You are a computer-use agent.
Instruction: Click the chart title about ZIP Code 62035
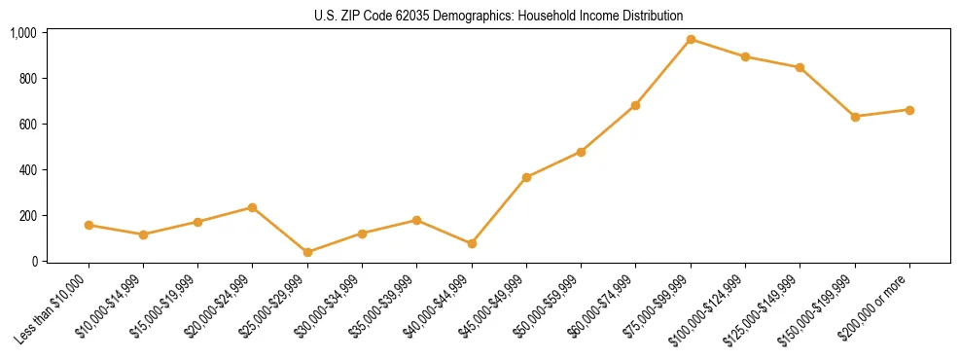click(498, 16)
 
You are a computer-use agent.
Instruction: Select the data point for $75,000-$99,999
click(691, 40)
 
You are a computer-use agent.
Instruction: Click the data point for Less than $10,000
click(89, 225)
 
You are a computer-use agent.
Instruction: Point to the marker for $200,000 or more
click(909, 110)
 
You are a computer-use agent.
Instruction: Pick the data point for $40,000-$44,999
click(472, 243)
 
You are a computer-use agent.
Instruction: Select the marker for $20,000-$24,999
click(253, 207)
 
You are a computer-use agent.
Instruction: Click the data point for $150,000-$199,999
click(855, 117)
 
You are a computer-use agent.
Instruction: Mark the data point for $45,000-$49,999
click(526, 177)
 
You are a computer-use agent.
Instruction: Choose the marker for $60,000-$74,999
click(636, 105)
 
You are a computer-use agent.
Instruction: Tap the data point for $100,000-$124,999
click(745, 56)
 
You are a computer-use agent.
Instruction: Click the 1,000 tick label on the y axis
click(22, 33)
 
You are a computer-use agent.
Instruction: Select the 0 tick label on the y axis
click(33, 262)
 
